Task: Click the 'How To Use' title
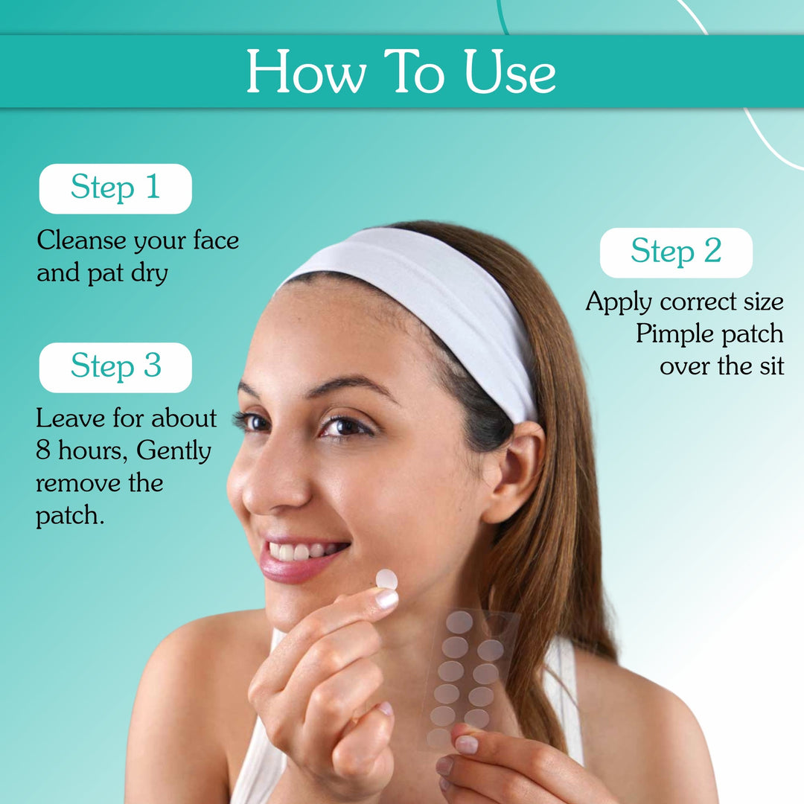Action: pos(401,72)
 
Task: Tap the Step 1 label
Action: pos(115,188)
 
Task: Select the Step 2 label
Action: pos(676,252)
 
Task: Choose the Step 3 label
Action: pos(115,367)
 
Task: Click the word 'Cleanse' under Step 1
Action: pos(81,240)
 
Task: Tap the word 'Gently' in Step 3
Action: pos(174,451)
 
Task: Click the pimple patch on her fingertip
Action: pos(386,579)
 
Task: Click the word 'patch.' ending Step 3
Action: pos(69,516)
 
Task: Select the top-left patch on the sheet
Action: pos(459,622)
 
